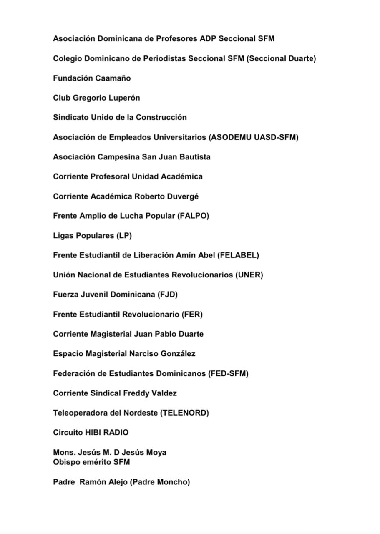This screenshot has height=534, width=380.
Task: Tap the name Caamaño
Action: coord(113,78)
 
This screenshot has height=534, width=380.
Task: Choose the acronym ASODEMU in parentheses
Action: coord(231,137)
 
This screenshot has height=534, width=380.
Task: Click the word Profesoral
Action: coord(110,176)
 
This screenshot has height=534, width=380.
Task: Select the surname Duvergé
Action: coord(183,196)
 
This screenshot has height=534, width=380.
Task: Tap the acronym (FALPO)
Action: coord(193,216)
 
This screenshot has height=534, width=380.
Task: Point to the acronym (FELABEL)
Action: coord(238,255)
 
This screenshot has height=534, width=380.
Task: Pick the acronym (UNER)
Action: coord(249,275)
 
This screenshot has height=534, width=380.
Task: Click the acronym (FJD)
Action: coord(168,295)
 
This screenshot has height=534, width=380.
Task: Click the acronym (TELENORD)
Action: coord(184,413)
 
